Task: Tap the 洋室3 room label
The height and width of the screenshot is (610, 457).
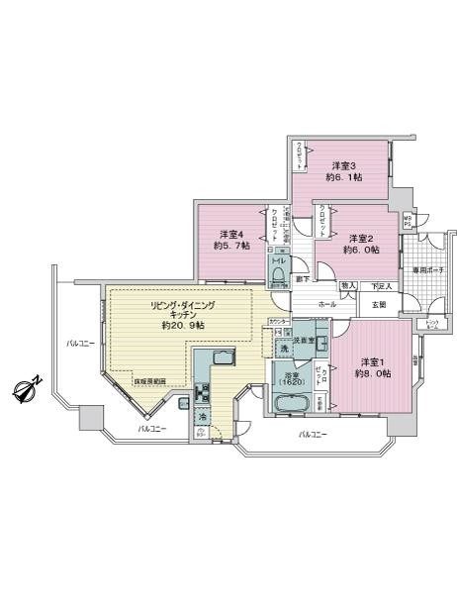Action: click(342, 165)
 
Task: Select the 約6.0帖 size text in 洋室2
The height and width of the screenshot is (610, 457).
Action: click(357, 251)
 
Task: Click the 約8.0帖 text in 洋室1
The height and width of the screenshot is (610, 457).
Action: click(373, 373)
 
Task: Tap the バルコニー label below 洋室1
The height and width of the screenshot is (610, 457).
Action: click(315, 434)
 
